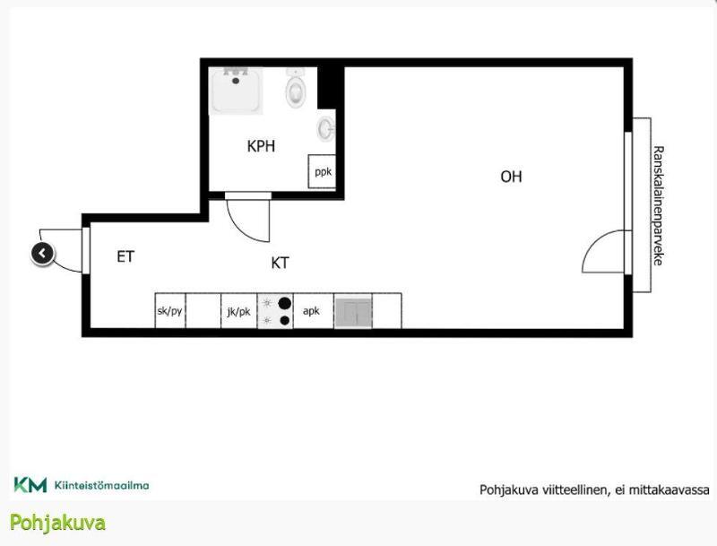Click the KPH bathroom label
(261, 146)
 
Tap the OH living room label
(511, 177)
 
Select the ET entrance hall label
(125, 256)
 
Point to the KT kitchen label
(280, 263)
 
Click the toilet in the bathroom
(296, 88)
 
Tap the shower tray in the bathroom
(236, 91)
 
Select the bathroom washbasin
(326, 129)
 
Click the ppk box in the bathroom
(323, 171)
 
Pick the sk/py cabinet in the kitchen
(169, 311)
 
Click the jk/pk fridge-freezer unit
(238, 311)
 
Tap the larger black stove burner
(284, 303)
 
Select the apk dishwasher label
(311, 311)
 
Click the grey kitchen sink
(353, 313)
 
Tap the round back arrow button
(42, 254)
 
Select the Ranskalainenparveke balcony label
(658, 205)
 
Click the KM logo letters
(30, 485)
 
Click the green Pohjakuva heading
(57, 523)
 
